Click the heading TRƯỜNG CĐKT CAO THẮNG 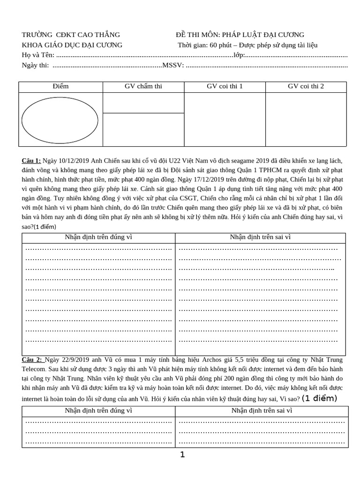(x=71, y=35)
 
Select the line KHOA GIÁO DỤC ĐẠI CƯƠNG (x=72, y=45)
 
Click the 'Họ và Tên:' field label (x=38, y=55)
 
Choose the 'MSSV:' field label (x=173, y=65)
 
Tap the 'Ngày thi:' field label (x=35, y=65)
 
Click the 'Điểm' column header (x=60, y=87)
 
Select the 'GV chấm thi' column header (x=143, y=87)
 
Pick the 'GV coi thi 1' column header (x=225, y=87)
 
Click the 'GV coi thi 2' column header (x=306, y=87)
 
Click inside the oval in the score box (x=60, y=120)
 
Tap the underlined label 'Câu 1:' (x=31, y=161)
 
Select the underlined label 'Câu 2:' (x=32, y=360)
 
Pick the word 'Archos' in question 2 (x=215, y=360)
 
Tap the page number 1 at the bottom (x=183, y=454)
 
